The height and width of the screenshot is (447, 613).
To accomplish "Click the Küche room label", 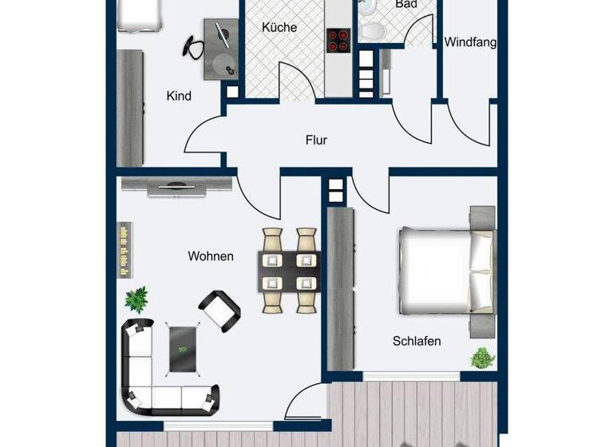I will tap(279, 27).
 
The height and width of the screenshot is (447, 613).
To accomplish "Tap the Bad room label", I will tap(405, 5).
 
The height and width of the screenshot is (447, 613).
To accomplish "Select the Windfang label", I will tap(470, 42).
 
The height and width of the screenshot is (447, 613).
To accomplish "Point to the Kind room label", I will tap(179, 96).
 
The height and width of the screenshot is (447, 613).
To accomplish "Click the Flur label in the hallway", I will tap(316, 140).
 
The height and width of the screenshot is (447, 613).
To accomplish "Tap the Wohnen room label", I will tap(211, 256).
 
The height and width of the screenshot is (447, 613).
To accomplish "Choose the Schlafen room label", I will tap(417, 341).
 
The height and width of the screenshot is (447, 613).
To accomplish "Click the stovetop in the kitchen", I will tap(338, 40).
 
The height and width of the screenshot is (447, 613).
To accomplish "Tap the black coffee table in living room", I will tap(182, 349).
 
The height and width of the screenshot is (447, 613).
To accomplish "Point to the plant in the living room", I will tap(136, 299).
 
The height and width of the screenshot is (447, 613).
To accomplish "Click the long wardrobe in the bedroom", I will tap(342, 289).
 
